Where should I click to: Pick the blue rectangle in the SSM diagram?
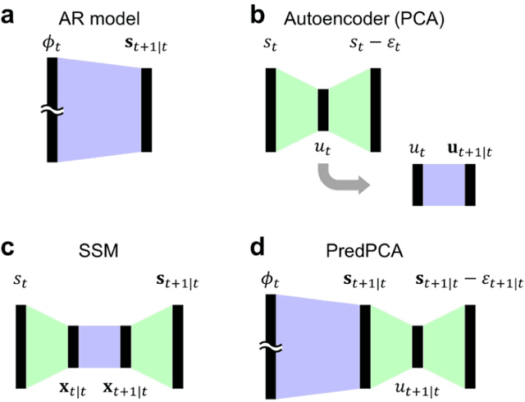pyautogui.click(x=100, y=346)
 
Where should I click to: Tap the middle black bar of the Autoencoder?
pyautogui.click(x=322, y=110)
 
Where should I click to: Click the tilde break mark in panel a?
pyautogui.click(x=51, y=110)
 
